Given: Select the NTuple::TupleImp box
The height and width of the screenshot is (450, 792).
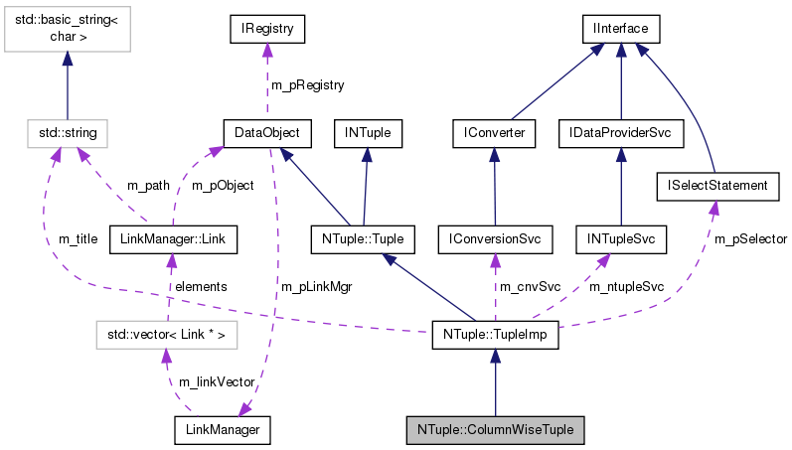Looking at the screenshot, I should coord(495,336).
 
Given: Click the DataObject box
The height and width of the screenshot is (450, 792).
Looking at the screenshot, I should coord(266,131).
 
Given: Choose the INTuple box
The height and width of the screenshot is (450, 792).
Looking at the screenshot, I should coord(368,131).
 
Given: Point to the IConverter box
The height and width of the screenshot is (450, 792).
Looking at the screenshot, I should coord(494,131).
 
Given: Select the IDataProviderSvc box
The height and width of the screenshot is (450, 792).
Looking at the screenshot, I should coord(620,131).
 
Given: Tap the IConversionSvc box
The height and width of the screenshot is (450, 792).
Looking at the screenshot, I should coord(494,238).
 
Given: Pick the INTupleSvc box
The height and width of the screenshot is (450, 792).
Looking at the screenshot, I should coord(620,238).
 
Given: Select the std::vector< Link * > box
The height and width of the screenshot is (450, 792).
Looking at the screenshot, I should coord(166,336).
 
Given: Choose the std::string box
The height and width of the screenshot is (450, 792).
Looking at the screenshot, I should coord(68,131).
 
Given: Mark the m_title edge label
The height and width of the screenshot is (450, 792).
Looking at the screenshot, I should coord(78,239).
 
